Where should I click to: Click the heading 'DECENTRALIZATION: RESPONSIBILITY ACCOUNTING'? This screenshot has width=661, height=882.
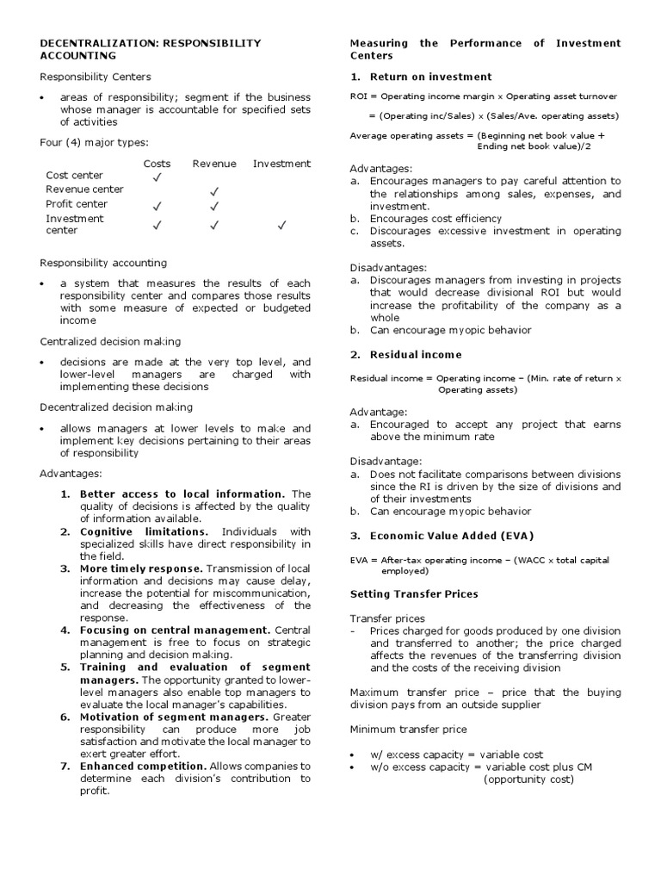[x=151, y=49]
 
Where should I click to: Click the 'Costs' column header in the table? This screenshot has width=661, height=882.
[x=157, y=164]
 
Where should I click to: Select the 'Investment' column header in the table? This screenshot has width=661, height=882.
[x=281, y=164]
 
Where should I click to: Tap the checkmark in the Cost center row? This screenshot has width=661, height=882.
[x=157, y=177]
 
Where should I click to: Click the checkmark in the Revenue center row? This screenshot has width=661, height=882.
[x=214, y=191]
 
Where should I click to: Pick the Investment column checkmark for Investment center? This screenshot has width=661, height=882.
[x=281, y=226]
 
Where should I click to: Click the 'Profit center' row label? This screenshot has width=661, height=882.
[x=77, y=204]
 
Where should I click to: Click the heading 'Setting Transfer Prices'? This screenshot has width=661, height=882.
[x=414, y=593]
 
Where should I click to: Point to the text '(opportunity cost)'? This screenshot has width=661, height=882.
[x=527, y=780]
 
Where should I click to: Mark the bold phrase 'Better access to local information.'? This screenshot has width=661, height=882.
[x=182, y=494]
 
